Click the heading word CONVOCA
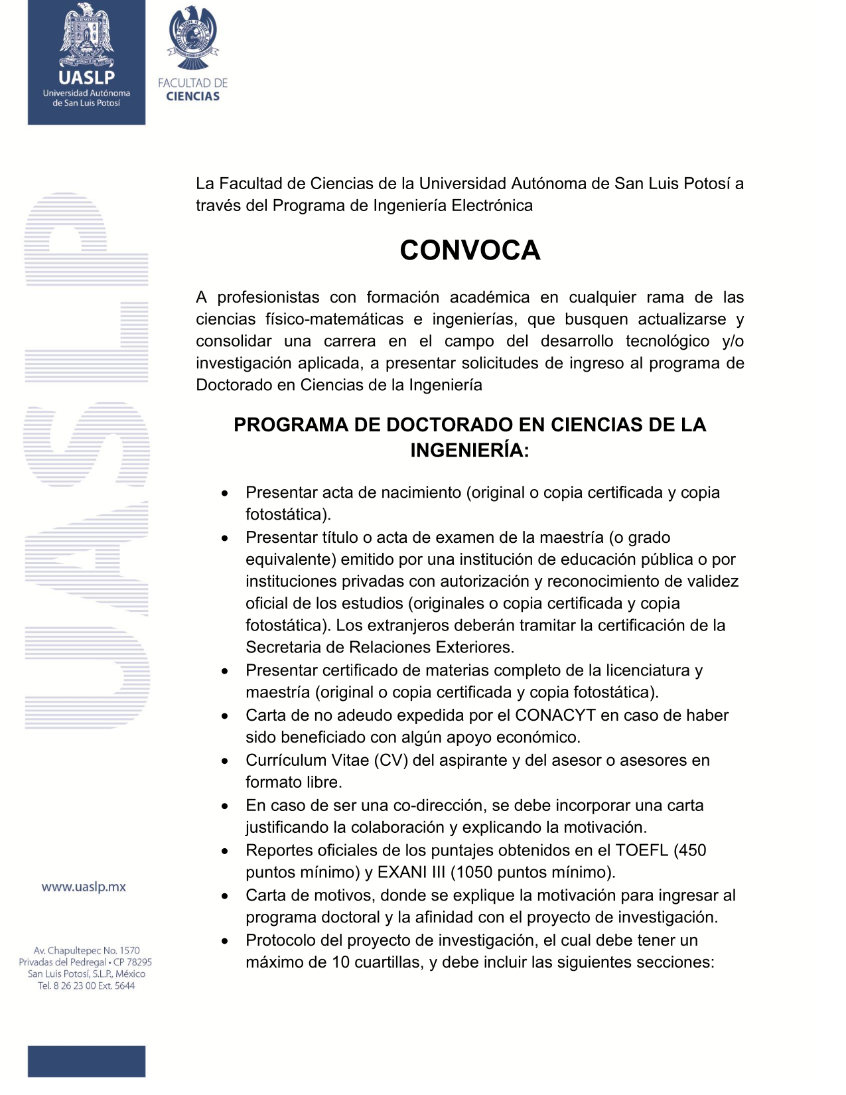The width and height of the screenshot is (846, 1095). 470,250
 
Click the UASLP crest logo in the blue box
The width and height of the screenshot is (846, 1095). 86,36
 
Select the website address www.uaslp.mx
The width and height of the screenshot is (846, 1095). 84,887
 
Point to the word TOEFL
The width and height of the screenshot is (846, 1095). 642,850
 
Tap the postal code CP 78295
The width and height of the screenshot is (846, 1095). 133,962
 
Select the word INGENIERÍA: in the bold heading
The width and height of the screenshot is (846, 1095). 470,451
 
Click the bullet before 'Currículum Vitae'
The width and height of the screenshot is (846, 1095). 226,761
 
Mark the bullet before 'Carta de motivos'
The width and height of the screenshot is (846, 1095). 226,897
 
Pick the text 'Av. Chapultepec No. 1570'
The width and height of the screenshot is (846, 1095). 86,950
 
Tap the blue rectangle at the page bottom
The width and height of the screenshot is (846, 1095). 86,1061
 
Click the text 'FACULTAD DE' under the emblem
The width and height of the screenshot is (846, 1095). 193,83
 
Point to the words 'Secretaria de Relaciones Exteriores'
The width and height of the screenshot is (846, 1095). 379,647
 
